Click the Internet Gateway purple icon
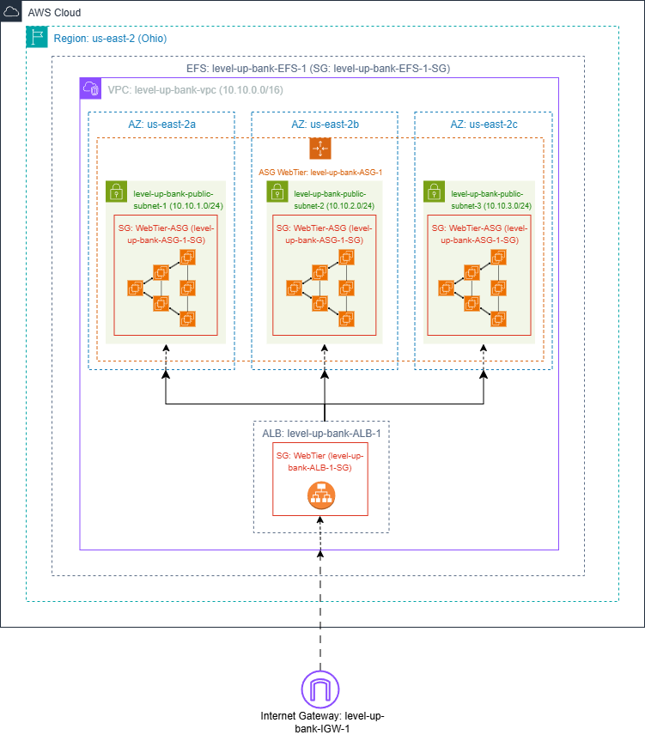320,690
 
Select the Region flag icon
37,37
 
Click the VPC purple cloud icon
90,88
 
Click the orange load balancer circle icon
320,495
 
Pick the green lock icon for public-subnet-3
434,191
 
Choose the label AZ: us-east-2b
325,125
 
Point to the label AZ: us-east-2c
484,125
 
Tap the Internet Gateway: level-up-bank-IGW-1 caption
320,721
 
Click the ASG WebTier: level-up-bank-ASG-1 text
320,172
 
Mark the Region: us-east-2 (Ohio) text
110,38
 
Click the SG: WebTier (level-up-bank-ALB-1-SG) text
320,460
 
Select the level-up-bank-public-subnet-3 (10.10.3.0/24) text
491,200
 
